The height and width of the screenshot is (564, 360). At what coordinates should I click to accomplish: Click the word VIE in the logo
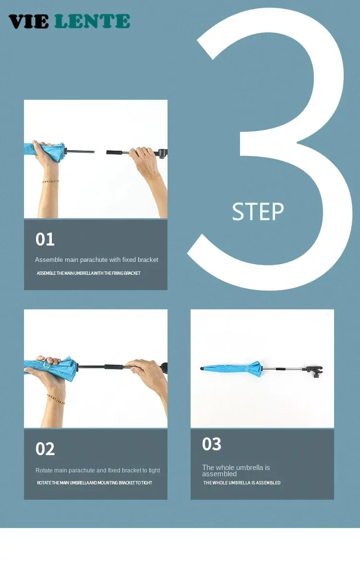pos(28,21)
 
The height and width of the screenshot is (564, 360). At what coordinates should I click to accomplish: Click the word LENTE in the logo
pos(92,21)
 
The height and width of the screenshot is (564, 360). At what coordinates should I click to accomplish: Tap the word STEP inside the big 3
pos(258,211)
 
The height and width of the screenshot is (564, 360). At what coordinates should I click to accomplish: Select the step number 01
pos(45,239)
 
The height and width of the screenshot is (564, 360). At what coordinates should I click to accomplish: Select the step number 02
pos(45,449)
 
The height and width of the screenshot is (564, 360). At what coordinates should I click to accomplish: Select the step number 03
pos(212,444)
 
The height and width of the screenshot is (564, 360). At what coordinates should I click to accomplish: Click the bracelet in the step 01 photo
pos(50,181)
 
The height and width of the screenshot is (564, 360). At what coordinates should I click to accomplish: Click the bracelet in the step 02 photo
pos(56,399)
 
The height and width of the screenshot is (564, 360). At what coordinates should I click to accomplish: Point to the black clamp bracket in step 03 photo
pos(314,371)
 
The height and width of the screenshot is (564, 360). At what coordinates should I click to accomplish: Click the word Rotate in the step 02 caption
pos(44,470)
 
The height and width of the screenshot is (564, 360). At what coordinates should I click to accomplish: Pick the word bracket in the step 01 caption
pos(148,260)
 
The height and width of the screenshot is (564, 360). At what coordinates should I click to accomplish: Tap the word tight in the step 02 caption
pos(154,470)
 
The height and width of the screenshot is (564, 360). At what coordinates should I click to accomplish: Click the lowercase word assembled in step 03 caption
pos(219,474)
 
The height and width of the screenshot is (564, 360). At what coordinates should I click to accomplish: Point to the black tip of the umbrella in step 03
pos(202,368)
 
